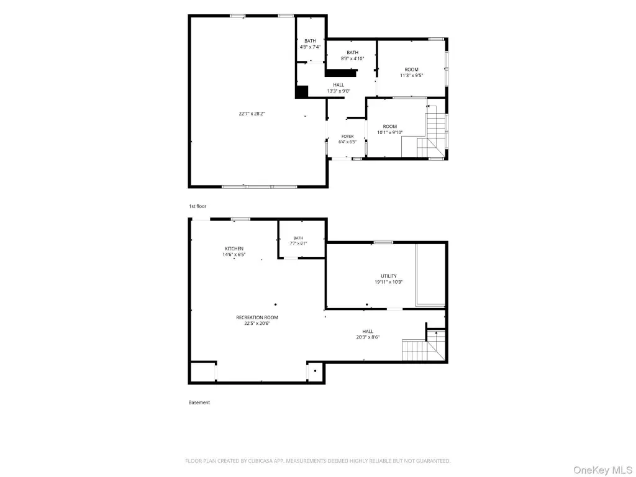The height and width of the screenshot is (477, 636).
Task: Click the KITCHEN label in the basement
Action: coord(234,248)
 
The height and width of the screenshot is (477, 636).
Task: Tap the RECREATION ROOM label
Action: coord(257,317)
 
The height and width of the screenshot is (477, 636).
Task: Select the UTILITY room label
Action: coord(389,276)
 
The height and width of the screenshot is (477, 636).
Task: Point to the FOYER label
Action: coord(347,136)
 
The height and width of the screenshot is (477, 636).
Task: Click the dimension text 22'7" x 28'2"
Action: coord(252,114)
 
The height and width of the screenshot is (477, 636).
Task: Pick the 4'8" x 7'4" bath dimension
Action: coord(310,47)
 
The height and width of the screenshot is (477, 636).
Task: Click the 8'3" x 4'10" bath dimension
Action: coord(353,58)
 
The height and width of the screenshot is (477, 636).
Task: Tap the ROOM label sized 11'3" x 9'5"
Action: coord(411,70)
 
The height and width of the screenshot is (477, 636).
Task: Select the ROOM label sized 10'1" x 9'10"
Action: coord(390,127)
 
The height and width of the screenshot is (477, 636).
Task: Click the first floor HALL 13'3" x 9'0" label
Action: coord(338,85)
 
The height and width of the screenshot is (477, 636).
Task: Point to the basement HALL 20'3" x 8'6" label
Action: coord(368,332)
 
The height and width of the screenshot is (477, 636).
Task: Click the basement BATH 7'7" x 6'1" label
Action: coord(298,238)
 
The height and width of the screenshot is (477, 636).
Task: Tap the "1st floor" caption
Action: coord(198,206)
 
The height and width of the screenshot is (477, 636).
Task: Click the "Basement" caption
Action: coord(199,402)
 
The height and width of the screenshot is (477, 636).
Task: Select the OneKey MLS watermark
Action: coord(602,470)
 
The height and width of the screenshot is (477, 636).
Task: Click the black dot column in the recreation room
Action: coord(275,304)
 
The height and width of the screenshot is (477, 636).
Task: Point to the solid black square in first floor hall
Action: coord(301,92)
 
